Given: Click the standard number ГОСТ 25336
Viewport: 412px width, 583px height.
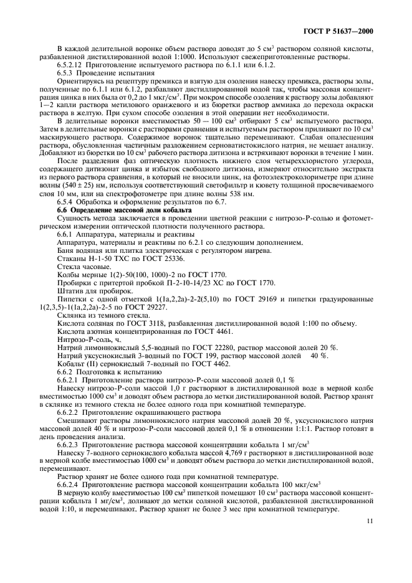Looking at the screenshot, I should tap(159, 258).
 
